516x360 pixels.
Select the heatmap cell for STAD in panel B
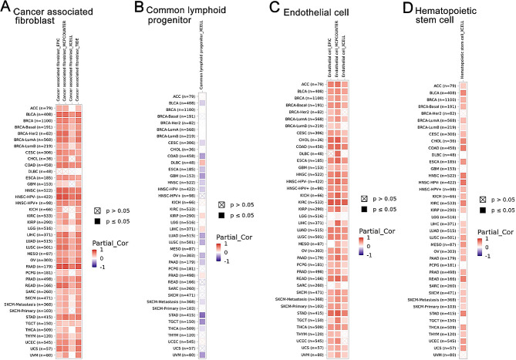(201, 315)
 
